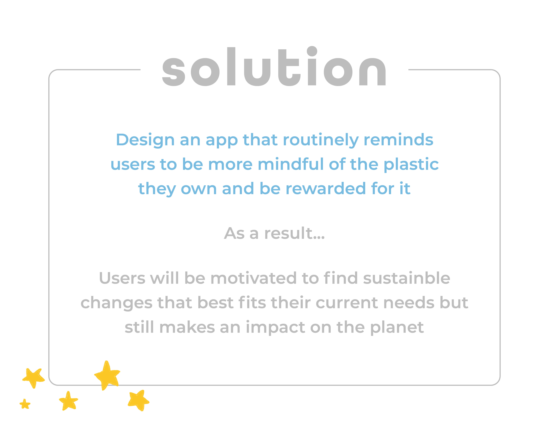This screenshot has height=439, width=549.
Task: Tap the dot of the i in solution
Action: [x=312, y=51]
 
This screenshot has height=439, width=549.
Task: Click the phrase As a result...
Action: [x=274, y=233]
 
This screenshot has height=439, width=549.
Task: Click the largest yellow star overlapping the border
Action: [x=107, y=375]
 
